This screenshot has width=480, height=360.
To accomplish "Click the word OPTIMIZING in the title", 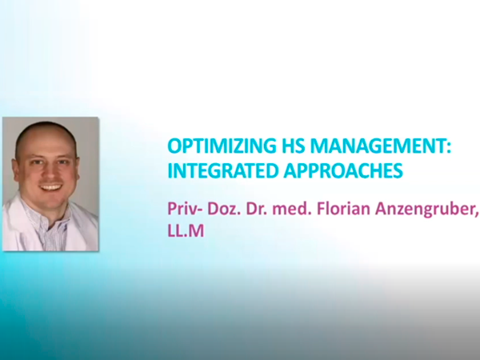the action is click(x=221, y=146).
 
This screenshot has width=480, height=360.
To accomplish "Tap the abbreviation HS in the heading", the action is click(x=293, y=146).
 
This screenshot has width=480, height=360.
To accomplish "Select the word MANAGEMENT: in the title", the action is click(x=381, y=146).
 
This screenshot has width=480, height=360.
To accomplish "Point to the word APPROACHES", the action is click(x=343, y=171).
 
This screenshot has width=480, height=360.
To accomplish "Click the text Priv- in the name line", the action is click(x=185, y=209).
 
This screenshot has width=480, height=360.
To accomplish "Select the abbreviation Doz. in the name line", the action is click(x=224, y=209).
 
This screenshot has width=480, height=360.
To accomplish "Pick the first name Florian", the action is click(x=343, y=209).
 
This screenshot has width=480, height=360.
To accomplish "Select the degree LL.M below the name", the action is click(x=186, y=230).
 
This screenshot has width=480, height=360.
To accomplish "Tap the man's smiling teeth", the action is click(x=51, y=186).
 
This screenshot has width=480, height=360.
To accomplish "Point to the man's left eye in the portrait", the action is click(x=63, y=162).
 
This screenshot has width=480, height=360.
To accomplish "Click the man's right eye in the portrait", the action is click(x=38, y=163).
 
